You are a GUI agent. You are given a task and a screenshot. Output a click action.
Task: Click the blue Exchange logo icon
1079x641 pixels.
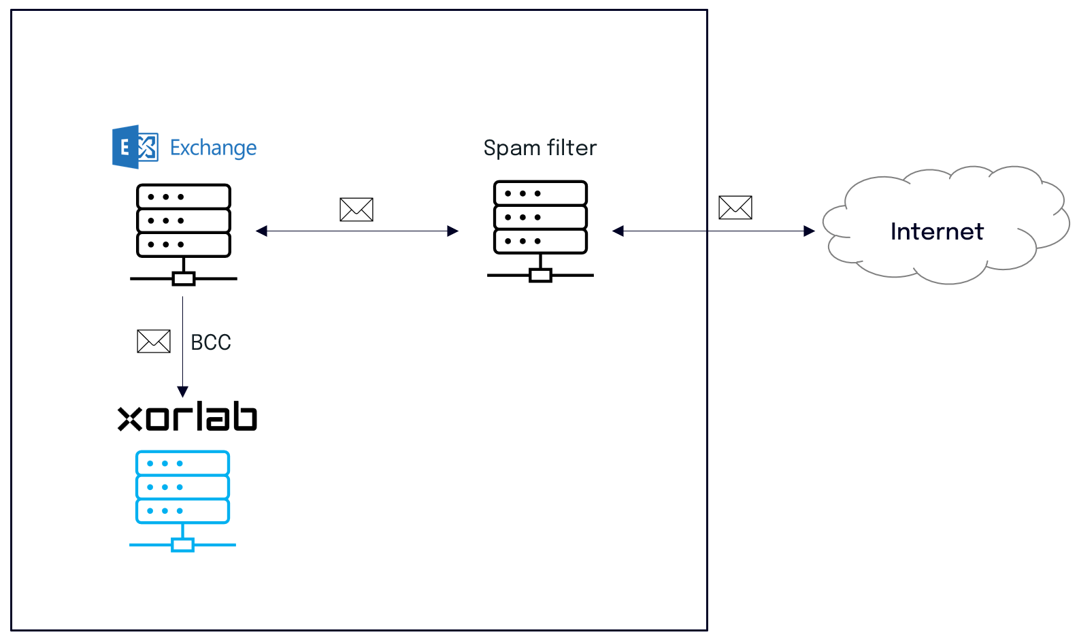(x=135, y=147)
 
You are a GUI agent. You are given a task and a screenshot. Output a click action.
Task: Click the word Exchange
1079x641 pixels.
(x=214, y=148)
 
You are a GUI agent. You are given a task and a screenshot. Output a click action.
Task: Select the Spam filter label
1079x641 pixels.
(x=540, y=148)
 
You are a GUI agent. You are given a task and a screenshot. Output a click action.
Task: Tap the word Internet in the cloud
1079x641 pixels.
(x=937, y=231)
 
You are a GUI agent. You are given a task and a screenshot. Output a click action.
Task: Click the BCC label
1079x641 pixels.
(x=211, y=343)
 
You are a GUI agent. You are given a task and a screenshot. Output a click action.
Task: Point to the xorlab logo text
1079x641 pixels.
(x=187, y=417)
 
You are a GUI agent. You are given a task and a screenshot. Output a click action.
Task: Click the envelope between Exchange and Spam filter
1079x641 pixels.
(x=356, y=210)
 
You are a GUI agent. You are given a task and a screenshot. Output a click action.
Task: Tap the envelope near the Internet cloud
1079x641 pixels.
(x=735, y=208)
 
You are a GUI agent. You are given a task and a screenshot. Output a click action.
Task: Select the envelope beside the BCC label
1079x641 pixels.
(x=154, y=341)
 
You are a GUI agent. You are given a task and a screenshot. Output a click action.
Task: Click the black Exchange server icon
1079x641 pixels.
(x=184, y=235)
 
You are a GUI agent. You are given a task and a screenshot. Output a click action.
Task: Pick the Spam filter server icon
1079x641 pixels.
(x=540, y=231)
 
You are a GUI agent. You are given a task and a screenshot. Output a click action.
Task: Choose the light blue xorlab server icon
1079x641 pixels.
(x=182, y=502)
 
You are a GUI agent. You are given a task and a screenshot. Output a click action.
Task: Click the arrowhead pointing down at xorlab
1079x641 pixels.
(x=182, y=391)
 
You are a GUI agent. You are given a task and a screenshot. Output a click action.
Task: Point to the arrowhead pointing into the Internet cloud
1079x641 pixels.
(x=810, y=231)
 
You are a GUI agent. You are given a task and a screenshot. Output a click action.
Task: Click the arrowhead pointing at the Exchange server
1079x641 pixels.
(x=261, y=231)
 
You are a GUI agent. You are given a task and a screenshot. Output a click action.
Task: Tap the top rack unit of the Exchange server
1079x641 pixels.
(x=184, y=197)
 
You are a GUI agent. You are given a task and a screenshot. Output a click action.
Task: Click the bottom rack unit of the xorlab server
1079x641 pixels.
(x=182, y=511)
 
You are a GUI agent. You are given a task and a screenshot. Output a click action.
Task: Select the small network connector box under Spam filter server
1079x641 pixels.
(x=540, y=276)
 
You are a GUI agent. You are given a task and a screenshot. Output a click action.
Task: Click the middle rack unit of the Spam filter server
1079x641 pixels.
(x=540, y=217)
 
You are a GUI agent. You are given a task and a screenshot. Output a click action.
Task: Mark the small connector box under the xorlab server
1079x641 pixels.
(x=182, y=545)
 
